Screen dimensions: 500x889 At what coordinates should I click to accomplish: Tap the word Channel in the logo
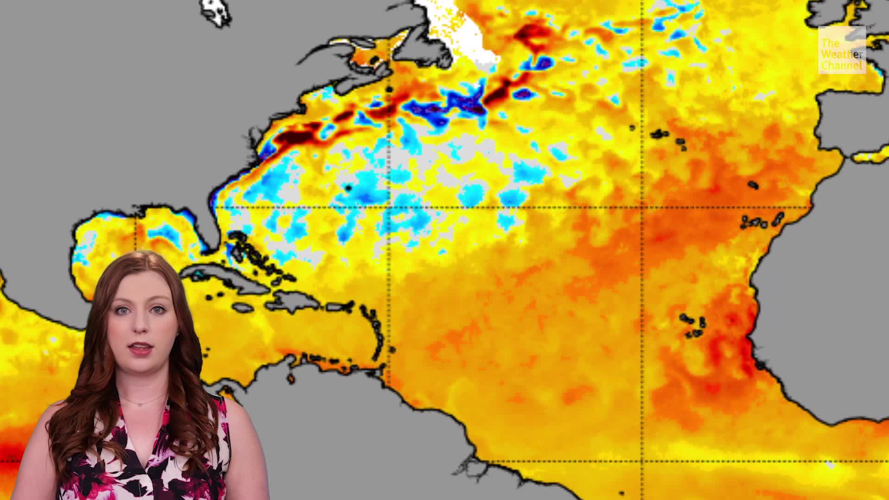pyautogui.click(x=842, y=66)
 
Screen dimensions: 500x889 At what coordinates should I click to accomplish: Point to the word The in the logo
pyautogui.click(x=830, y=44)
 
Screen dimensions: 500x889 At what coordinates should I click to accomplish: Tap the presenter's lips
pyautogui.click(x=142, y=348)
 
